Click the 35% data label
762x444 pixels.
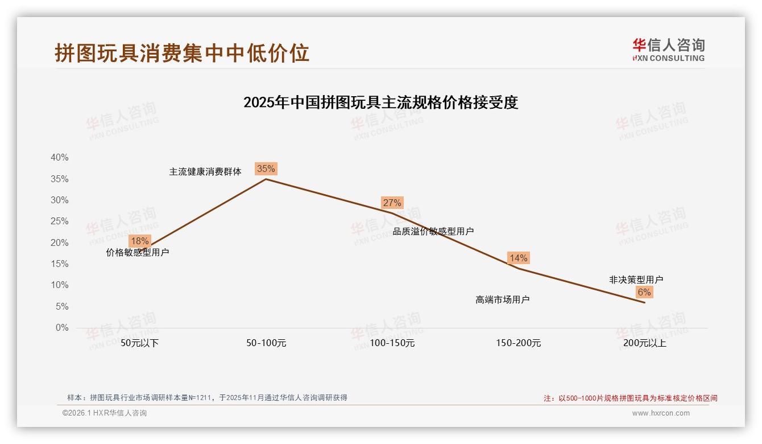click(x=266, y=168)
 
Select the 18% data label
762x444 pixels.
click(x=139, y=241)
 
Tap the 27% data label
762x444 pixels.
click(x=392, y=203)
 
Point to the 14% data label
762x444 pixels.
click(x=518, y=258)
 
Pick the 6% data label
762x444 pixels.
click(x=644, y=292)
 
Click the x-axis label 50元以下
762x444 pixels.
click(x=139, y=343)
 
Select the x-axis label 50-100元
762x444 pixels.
click(x=266, y=343)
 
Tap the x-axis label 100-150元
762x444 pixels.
click(x=392, y=343)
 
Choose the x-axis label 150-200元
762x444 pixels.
click(x=518, y=343)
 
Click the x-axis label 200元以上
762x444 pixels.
click(x=644, y=343)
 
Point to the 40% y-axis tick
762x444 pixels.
click(x=59, y=158)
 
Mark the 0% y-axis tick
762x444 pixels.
click(x=61, y=328)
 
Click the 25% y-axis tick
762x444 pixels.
click(x=59, y=221)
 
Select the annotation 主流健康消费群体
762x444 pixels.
click(x=205, y=171)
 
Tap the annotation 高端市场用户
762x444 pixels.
click(x=503, y=299)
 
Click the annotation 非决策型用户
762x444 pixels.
click(x=636, y=279)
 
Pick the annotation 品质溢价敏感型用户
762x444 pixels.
click(x=433, y=231)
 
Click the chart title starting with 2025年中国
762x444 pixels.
click(x=380, y=102)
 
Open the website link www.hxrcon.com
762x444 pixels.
click(x=661, y=413)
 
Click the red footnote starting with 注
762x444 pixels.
click(x=630, y=398)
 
